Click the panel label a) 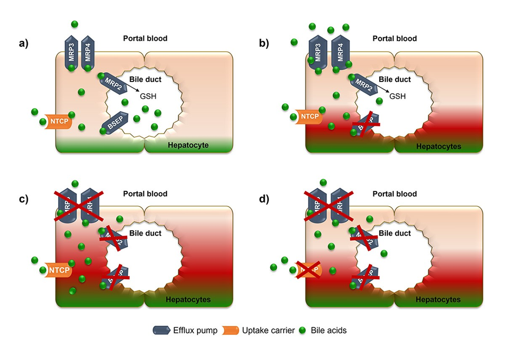tap(24, 44)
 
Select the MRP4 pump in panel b tap(340, 54)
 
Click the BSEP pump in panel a tap(114, 122)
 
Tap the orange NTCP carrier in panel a tap(59, 121)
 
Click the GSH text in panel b tap(397, 96)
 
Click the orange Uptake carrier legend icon tap(230, 331)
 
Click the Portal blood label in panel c tap(145, 194)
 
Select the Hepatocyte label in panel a tap(187, 146)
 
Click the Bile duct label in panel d tap(395, 234)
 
